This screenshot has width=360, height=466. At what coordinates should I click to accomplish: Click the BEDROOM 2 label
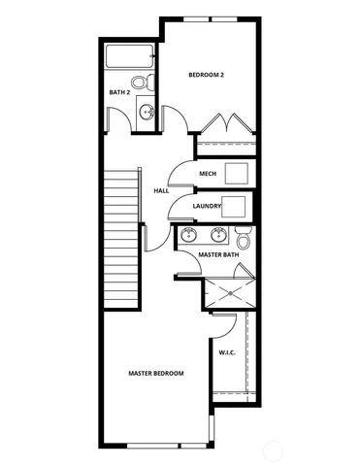tap(207, 75)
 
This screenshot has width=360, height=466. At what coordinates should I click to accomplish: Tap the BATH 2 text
tap(119, 92)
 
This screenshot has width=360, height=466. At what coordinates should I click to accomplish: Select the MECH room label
tap(208, 174)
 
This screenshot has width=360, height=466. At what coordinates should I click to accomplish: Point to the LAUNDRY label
tap(207, 206)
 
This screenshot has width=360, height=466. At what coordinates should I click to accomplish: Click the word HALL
tap(161, 190)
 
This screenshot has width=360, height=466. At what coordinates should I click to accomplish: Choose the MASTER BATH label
tap(218, 254)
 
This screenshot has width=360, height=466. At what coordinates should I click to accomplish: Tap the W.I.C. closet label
tap(228, 352)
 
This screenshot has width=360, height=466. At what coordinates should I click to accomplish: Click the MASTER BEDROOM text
tap(157, 373)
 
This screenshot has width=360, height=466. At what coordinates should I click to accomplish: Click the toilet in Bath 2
tap(140, 83)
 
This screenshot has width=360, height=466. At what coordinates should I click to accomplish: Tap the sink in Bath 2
tap(147, 113)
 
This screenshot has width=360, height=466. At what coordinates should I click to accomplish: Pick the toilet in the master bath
tap(244, 236)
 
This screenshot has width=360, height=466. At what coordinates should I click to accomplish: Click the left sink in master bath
tap(190, 235)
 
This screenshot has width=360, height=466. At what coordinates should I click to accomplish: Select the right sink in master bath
tap(218, 235)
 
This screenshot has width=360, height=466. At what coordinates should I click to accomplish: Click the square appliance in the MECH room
tap(238, 174)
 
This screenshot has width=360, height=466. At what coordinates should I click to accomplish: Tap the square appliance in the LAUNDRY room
tap(237, 206)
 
